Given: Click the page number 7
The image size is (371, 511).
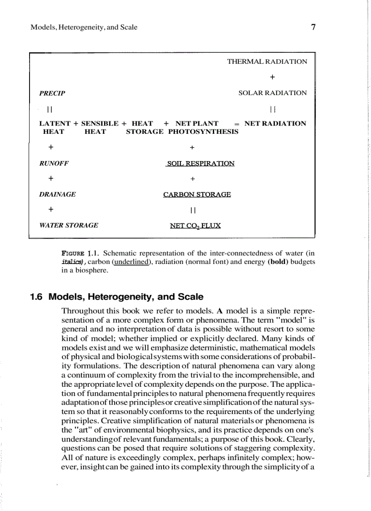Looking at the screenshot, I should pos(313,27).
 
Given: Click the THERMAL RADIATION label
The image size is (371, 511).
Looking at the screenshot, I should pos(267,61).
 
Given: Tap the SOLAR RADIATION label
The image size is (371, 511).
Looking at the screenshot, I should pos(272,93).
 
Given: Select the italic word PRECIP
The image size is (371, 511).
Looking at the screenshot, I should pos(52,93).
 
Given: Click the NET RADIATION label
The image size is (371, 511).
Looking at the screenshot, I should pos(275,123).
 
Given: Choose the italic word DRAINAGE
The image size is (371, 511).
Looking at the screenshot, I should pos(58,194).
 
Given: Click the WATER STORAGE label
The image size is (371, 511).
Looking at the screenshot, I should pos(69,225).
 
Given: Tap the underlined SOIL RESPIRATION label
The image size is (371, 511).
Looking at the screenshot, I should pos(201,163).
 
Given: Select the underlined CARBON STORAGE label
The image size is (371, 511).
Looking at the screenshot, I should pos(197,194).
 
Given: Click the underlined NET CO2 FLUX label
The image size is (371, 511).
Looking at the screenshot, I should pos(195,225).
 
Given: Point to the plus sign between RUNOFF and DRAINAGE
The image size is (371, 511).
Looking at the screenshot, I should pos(51,178).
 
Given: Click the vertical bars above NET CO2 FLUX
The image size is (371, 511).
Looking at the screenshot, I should pos(193,210).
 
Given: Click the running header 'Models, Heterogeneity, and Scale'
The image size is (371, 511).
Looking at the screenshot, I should pos(84,27).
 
